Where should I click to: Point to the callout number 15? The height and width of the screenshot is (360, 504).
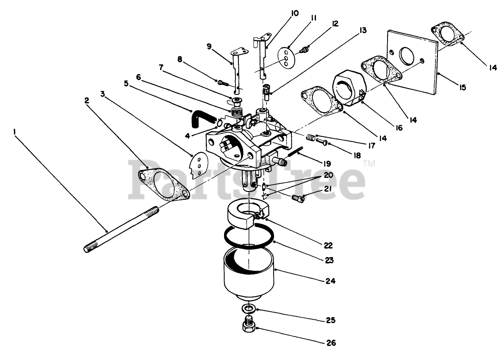pyautogui.click(x=462, y=88)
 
